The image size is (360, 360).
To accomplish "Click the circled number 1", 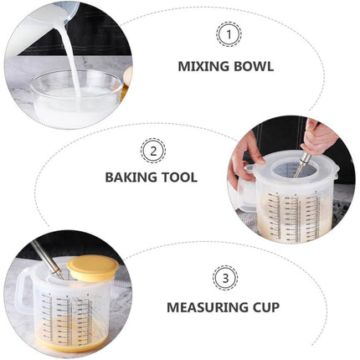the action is (229, 35).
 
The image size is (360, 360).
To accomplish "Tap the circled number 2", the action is (153, 152).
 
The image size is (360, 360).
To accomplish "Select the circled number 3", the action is (225, 278).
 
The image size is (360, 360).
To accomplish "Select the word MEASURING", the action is (207, 307).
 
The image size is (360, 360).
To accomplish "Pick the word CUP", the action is (265, 307).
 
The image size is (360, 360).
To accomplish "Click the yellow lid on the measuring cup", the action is (93, 267).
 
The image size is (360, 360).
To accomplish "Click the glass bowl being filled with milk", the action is (75, 98).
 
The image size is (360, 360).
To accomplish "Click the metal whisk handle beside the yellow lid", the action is (47, 258).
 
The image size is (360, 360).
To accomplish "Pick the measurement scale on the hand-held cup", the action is (294, 216).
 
